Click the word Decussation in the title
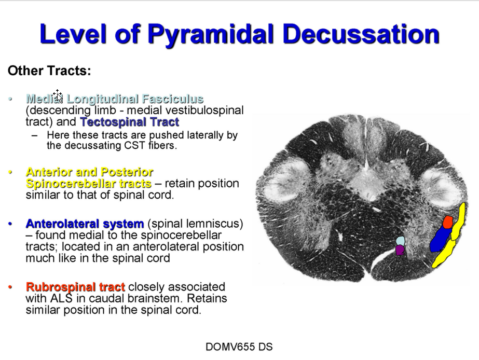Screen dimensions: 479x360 (x=361, y=34)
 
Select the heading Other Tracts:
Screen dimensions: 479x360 (x=49, y=71)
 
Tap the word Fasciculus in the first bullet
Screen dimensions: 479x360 (x=173, y=99)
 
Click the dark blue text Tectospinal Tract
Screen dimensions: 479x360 (x=130, y=122)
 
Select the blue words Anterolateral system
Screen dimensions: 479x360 (x=85, y=224)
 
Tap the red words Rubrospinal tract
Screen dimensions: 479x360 (x=75, y=287)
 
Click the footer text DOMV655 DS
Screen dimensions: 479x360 (x=239, y=347)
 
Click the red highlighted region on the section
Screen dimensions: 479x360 (x=448, y=222)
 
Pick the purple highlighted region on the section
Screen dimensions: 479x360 (x=400, y=250)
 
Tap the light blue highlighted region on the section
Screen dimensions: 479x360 (x=401, y=241)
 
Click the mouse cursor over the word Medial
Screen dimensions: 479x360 (x=58, y=95)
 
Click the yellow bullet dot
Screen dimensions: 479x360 (x=10, y=172)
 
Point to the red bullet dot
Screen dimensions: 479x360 (x=10, y=287)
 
